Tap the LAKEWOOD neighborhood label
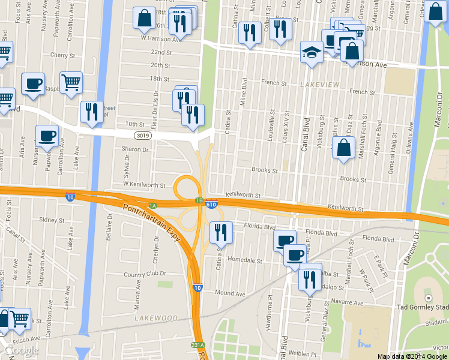(x=156, y=317)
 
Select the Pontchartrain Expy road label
(x=151, y=223)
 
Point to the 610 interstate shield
(x=211, y=205)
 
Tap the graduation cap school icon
(x=312, y=52)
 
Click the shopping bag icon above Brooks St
(x=343, y=148)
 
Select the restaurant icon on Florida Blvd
(x=221, y=232)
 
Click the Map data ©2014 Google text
(x=412, y=356)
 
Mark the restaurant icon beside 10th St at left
(x=92, y=112)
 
